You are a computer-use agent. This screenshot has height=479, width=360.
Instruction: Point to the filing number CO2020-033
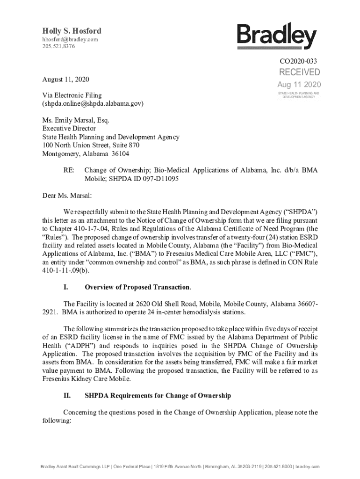click(x=299, y=61)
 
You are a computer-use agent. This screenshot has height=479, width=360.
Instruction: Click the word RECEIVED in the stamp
click(x=300, y=72)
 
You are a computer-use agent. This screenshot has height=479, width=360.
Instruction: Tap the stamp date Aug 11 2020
click(x=299, y=85)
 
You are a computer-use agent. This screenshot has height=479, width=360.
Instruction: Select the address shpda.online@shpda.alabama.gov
click(x=93, y=103)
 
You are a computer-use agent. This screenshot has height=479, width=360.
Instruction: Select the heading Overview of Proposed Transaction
click(x=137, y=287)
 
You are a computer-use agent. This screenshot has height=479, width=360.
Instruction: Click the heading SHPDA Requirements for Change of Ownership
click(x=158, y=396)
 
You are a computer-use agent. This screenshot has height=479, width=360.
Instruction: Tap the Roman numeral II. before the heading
click(x=67, y=396)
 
